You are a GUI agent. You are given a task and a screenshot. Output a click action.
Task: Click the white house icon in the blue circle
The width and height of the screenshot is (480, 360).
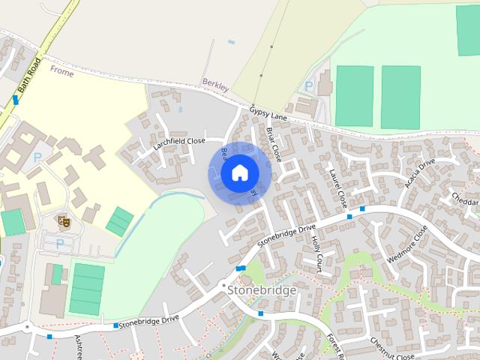tap(239, 172)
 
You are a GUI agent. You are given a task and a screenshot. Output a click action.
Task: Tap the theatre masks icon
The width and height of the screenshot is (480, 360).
tap(64, 221)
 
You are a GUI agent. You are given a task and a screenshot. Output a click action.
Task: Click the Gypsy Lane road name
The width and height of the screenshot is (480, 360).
tap(269, 112)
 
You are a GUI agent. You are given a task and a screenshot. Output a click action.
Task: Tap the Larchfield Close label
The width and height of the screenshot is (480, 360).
tap(179, 140)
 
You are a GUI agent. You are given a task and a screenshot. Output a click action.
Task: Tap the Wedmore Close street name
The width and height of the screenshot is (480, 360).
tap(407, 244)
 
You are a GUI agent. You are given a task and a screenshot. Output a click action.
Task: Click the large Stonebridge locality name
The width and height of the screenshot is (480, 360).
tap(262, 289)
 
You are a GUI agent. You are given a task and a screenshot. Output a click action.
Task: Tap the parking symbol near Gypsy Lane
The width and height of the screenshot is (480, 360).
tap(308, 86)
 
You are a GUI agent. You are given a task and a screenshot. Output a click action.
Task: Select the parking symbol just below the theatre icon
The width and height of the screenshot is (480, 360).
tap(59, 244)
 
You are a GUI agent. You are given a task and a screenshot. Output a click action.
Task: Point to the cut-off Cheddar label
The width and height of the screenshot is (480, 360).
tap(465, 199)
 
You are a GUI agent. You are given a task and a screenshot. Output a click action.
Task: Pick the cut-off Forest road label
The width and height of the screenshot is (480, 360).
tap(334, 346)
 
